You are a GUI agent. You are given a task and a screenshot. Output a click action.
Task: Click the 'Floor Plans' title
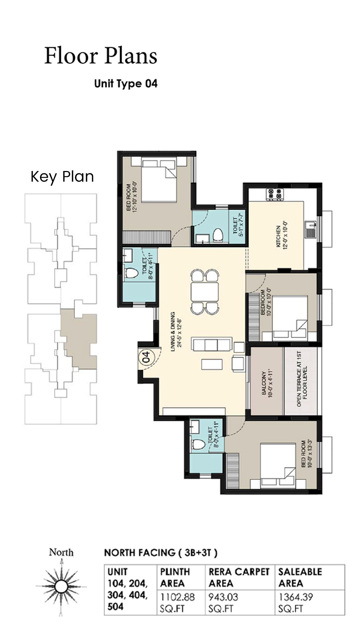[x=101, y=56]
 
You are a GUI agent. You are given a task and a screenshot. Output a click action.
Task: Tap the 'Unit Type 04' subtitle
[x=126, y=83]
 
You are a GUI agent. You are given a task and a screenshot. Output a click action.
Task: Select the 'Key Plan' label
[x=62, y=177]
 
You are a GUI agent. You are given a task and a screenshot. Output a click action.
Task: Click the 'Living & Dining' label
[x=175, y=332]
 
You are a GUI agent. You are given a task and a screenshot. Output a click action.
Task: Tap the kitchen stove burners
[x=274, y=194]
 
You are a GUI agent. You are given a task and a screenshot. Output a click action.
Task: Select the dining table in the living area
[x=205, y=292]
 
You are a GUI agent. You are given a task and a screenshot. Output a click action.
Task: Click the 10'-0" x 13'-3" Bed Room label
[x=306, y=454]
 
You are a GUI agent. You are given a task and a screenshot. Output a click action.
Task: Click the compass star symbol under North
[x=61, y=586]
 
